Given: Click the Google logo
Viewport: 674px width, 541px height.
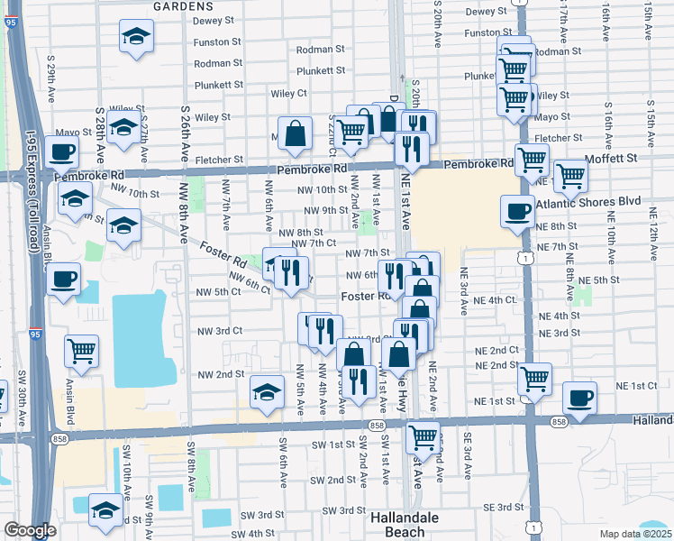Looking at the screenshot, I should (x=29, y=530).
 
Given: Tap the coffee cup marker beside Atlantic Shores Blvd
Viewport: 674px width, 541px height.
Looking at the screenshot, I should (x=517, y=212).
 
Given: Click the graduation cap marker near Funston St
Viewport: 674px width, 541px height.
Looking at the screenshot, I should (x=136, y=37).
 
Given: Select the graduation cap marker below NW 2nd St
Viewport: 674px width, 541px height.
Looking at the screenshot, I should (x=267, y=392).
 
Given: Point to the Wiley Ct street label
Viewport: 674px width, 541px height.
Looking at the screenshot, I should (x=289, y=93).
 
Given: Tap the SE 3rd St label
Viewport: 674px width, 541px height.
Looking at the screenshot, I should (x=503, y=509).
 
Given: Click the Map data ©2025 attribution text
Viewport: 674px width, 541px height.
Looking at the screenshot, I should (x=635, y=534).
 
